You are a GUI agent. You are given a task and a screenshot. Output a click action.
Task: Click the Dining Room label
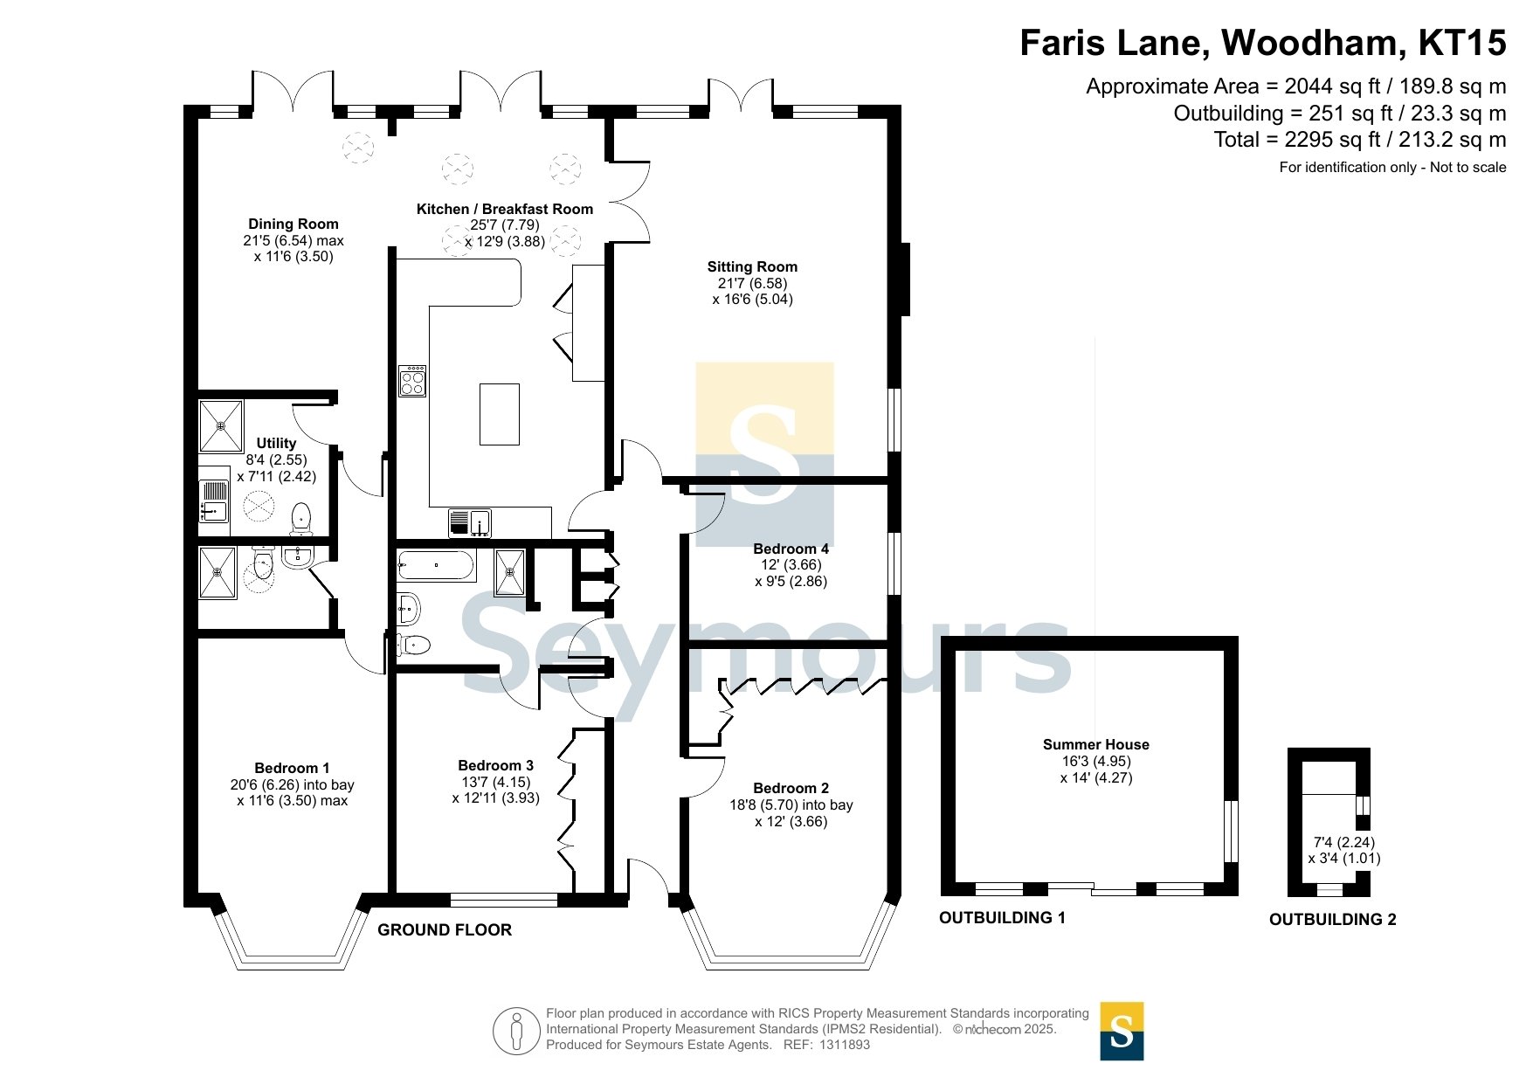tap(293, 224)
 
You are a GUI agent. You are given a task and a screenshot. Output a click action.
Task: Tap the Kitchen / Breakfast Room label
tap(505, 209)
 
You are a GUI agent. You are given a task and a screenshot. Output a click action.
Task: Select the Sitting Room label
tap(752, 266)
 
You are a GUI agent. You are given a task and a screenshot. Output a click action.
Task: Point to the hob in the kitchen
tap(412, 381)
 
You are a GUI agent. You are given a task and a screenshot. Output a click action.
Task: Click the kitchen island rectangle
tap(500, 414)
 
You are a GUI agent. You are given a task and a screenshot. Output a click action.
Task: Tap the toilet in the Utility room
tap(301, 518)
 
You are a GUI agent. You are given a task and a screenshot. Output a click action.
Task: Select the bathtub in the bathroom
tap(436, 565)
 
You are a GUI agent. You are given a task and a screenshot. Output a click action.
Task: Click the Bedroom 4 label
tap(791, 549)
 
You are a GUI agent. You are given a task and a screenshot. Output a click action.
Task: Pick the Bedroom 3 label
tap(496, 765)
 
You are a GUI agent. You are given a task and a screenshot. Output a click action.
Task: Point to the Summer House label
tap(1096, 744)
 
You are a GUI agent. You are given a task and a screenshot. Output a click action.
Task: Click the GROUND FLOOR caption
tap(445, 930)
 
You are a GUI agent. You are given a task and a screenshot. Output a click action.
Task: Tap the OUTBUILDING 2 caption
tap(1333, 920)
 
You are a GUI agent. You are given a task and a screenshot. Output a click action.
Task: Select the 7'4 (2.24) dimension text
tap(1344, 843)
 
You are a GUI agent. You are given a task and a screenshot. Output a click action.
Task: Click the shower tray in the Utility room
tap(221, 426)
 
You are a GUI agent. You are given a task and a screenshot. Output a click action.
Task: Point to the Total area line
tap(1360, 140)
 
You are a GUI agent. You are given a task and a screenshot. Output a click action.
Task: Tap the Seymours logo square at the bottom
tap(1122, 1032)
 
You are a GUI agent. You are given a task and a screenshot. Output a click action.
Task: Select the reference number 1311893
tap(844, 1045)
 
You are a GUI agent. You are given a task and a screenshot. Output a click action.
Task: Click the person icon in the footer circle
tap(517, 1031)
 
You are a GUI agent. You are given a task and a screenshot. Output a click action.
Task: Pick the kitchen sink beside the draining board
tap(480, 523)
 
